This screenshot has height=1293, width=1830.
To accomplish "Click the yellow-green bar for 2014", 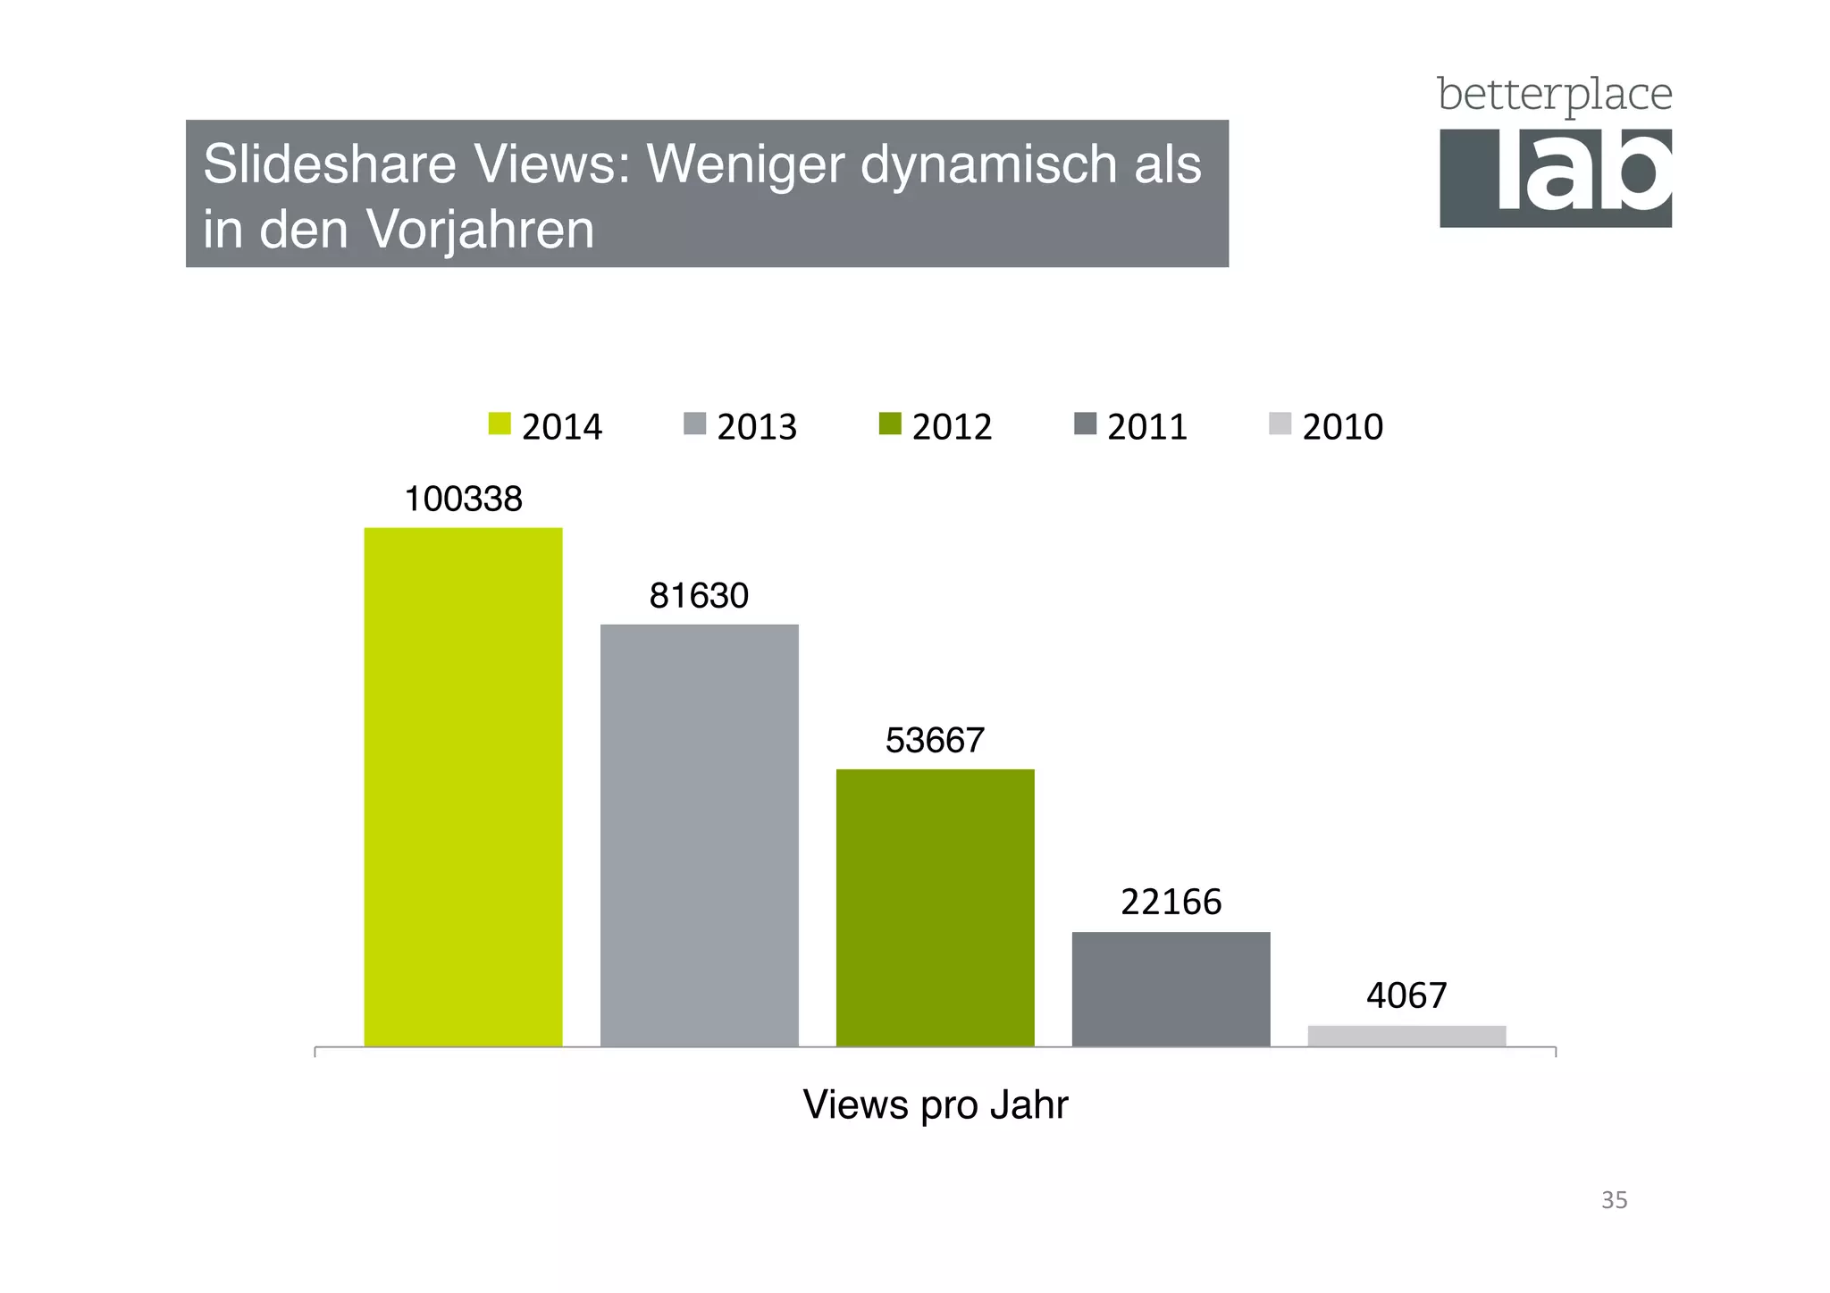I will coord(463,786).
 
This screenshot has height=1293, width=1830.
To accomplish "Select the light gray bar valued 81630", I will coord(699,835).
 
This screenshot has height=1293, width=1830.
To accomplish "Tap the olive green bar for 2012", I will coord(935,907).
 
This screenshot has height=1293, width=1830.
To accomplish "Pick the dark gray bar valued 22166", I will coord(1171,988).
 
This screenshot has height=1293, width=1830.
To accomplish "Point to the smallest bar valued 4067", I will coord(1406,1036).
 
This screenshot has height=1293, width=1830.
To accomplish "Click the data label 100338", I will coord(463,499).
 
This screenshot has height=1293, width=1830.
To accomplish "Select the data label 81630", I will coord(699,595).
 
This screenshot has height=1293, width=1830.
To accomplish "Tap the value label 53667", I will coord(935,740).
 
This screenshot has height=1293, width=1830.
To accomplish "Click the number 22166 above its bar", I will coord(1171,902).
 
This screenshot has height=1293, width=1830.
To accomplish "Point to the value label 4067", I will coord(1406,995).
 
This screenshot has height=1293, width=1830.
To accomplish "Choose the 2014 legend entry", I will coord(546,426).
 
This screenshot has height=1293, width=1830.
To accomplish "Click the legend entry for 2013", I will coord(741,426).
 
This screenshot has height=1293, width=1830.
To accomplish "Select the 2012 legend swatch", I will coord(890,424).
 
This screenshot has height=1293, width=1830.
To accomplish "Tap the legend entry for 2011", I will coord(1131,426).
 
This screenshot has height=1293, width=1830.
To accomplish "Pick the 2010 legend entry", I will coord(1326,426).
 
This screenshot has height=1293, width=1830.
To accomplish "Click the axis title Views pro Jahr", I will coord(935,1104).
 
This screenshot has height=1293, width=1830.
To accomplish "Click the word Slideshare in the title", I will coord(329,164).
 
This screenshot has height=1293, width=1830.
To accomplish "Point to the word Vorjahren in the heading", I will coord(480,230).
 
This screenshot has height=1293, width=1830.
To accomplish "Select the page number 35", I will coord(1614,1200).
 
